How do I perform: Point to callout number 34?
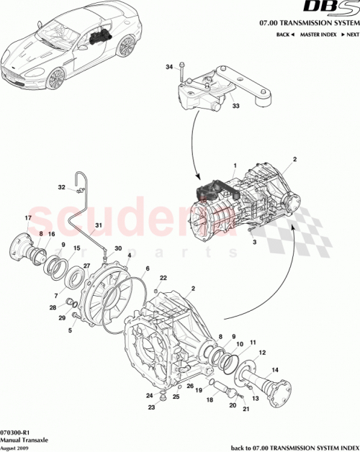[169, 67]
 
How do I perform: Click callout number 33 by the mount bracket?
[235, 107]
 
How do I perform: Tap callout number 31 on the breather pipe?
[99, 225]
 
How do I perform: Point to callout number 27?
[87, 266]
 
